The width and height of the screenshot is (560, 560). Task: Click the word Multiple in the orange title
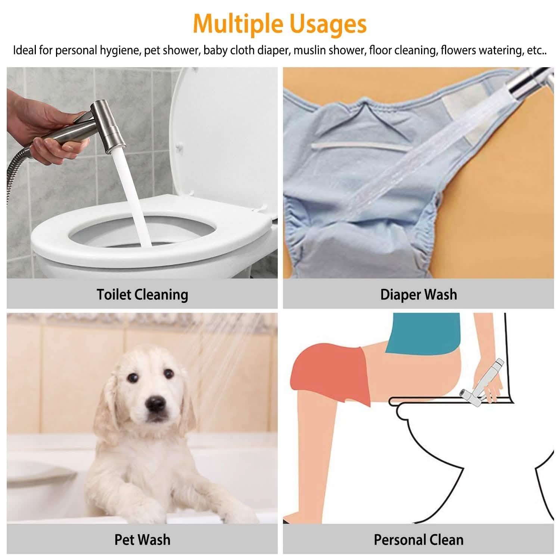point(238,24)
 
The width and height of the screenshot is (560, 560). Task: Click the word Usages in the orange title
point(328,24)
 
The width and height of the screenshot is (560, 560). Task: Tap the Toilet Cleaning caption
point(142,295)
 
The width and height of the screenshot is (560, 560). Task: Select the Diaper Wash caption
point(419,295)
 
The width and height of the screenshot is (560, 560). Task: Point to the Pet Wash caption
point(142,540)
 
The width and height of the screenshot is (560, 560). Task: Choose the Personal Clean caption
point(419,540)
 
